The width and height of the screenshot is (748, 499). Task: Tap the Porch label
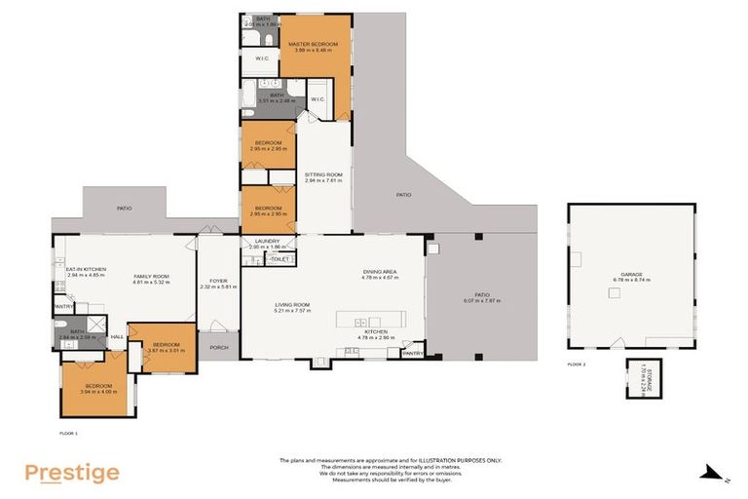pyautogui.click(x=218, y=347)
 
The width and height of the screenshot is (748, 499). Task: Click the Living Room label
pyautogui.click(x=292, y=309)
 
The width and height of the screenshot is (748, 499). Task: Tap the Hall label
pyautogui.click(x=116, y=336)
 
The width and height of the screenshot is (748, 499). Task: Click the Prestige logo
pyautogui.click(x=72, y=474)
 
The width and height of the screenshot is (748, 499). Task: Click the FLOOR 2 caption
pyautogui.click(x=578, y=365)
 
